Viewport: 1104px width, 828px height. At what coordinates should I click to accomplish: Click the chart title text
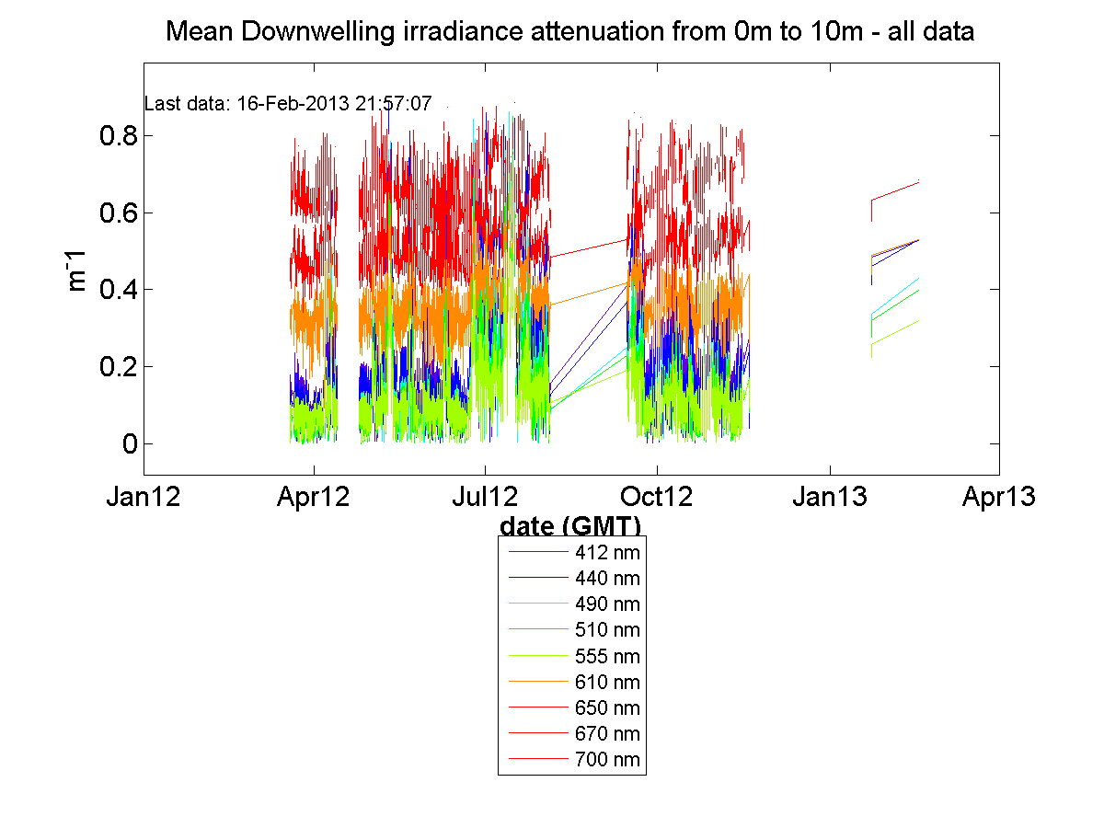(569, 33)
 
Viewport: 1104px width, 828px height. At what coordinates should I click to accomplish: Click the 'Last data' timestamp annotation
(288, 104)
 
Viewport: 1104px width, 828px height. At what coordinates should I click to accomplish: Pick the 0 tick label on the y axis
(128, 445)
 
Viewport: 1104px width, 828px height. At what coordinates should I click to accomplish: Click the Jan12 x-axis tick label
(144, 498)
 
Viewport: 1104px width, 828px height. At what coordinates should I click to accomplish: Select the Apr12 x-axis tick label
(315, 498)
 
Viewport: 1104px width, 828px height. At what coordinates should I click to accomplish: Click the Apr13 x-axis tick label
(999, 498)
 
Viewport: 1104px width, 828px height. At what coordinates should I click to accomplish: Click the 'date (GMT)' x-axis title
(570, 525)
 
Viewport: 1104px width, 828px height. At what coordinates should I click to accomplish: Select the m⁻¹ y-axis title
(78, 270)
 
